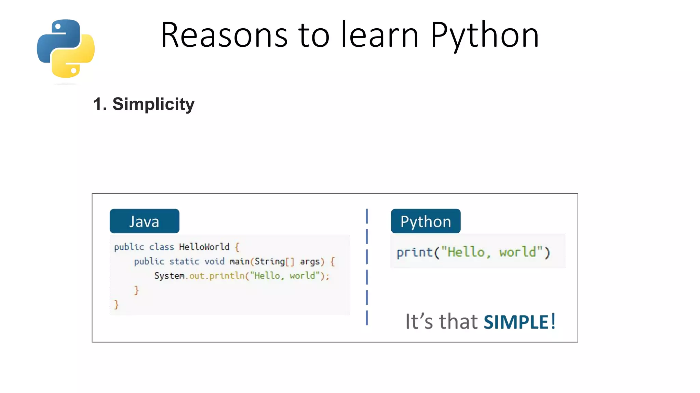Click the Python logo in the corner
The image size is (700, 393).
coord(66,48)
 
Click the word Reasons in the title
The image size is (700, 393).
coord(224,35)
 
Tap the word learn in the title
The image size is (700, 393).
coord(380,35)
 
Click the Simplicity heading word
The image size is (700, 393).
coord(153,104)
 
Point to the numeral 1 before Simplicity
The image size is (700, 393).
coord(98,104)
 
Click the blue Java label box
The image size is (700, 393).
coord(144,221)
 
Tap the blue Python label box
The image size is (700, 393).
coord(426,221)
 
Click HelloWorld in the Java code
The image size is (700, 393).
coord(204,247)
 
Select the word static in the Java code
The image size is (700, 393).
coord(184,261)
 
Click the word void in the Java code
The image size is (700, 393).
coord(214,261)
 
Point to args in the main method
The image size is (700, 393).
coord(310,262)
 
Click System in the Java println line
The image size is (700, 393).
coord(169,276)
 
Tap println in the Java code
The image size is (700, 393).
coord(227,276)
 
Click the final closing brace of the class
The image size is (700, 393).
coord(116,304)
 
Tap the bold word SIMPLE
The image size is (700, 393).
coord(516,322)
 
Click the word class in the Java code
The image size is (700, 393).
coord(161,247)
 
